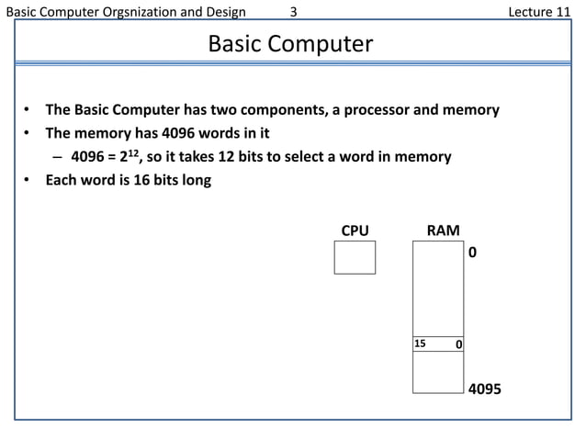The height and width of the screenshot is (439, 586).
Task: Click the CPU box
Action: (x=355, y=256)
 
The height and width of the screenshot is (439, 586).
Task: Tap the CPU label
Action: (x=355, y=231)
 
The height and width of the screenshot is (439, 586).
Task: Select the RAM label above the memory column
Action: (x=444, y=231)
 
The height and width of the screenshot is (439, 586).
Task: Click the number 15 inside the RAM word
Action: (x=421, y=343)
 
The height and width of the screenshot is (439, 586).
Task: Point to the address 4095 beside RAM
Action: (x=485, y=389)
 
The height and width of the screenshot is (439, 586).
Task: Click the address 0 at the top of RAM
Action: (x=473, y=250)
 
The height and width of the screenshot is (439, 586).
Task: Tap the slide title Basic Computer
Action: (x=290, y=43)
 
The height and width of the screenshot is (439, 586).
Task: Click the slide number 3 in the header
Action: (x=293, y=11)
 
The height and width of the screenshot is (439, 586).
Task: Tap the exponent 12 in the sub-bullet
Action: (x=131, y=152)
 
